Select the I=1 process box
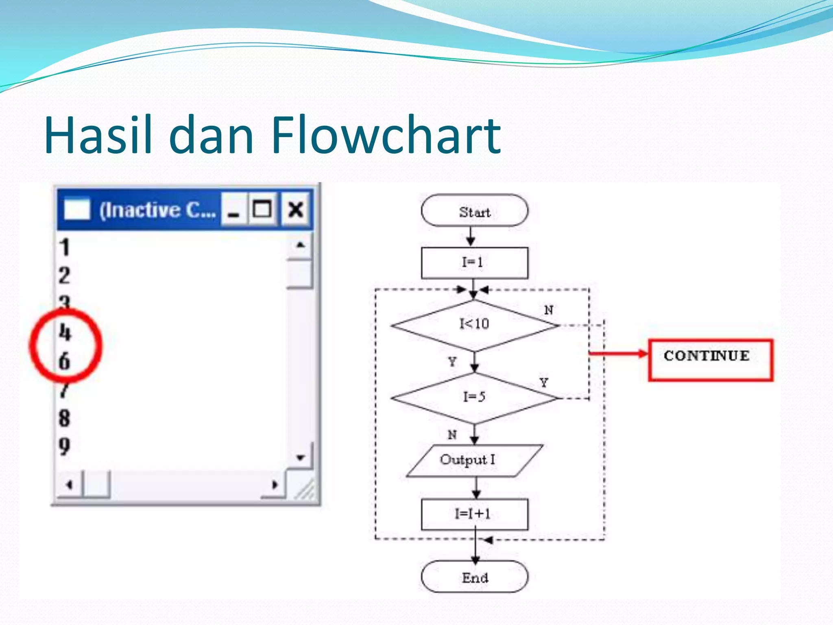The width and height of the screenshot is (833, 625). coord(474,262)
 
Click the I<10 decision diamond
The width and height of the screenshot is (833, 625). coord(474,325)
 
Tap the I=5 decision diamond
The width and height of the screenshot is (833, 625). coord(474,398)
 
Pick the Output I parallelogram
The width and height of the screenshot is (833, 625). coord(474,460)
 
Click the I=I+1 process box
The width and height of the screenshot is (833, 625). coord(474,514)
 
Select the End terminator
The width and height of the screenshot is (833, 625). coord(474,577)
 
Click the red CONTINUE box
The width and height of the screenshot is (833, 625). coord(710,360)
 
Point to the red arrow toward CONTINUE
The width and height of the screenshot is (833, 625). coord(618,353)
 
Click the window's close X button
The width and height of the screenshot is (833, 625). coord(296,210)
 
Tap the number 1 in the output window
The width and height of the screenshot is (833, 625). coord(65,247)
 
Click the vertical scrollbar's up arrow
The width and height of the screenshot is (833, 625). coord(300,245)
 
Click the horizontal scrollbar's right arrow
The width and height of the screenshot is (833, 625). coord(275,485)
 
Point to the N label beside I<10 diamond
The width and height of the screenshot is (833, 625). coord(548,310)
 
